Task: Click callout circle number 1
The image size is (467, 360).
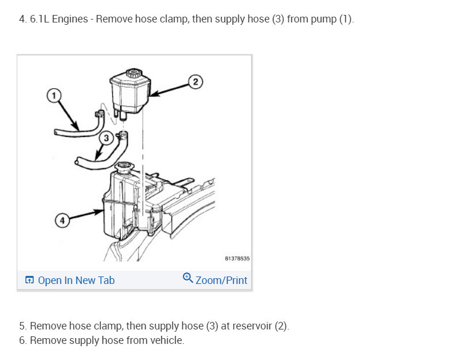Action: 54,96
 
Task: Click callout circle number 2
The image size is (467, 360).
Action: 195,82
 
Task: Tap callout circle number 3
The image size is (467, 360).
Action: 107,138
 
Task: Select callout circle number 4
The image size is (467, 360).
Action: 62,221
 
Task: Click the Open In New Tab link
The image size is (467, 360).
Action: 76,281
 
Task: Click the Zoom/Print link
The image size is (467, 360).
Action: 221,281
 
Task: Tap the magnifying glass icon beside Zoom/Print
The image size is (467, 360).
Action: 188,278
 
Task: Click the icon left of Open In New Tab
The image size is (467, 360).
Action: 29,280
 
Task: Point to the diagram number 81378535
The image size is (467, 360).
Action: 237,259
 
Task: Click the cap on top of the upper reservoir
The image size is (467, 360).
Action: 134,73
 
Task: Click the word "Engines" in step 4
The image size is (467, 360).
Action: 70,20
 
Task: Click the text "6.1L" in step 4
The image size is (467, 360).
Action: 40,20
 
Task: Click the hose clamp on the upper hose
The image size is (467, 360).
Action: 100,113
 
